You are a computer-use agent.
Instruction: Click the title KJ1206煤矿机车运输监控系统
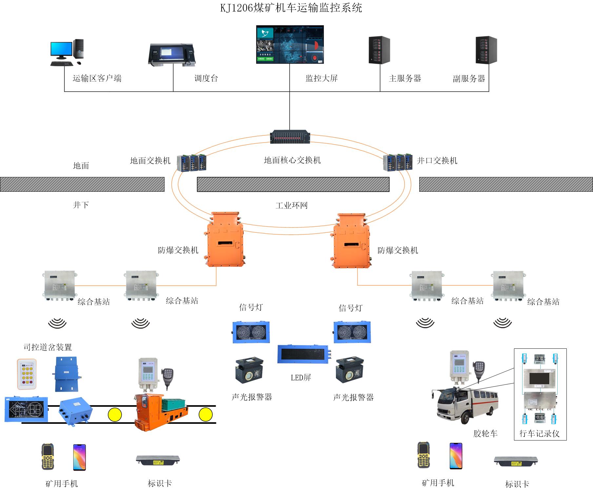pyautogui.click(x=291, y=8)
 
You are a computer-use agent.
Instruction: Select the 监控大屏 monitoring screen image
pyautogui.click(x=290, y=44)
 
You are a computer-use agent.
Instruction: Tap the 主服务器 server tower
pyautogui.click(x=380, y=50)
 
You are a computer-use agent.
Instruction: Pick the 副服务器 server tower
pyautogui.click(x=486, y=50)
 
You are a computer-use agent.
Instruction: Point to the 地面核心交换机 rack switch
pyautogui.click(x=290, y=137)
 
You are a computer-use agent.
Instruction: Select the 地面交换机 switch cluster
pyautogui.click(x=192, y=162)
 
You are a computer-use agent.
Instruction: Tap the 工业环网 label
pyautogui.click(x=291, y=206)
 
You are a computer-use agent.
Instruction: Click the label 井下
pyautogui.click(x=81, y=205)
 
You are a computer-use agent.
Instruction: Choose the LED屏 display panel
pyautogui.click(x=303, y=354)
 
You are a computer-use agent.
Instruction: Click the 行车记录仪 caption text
pyautogui.click(x=539, y=434)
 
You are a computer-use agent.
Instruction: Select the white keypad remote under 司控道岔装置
pyautogui.click(x=27, y=374)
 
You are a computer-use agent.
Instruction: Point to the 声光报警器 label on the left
pyautogui.click(x=252, y=397)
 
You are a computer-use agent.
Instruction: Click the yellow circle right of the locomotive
pyautogui.click(x=206, y=415)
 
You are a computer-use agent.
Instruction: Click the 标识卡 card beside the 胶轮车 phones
pyautogui.click(x=516, y=461)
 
